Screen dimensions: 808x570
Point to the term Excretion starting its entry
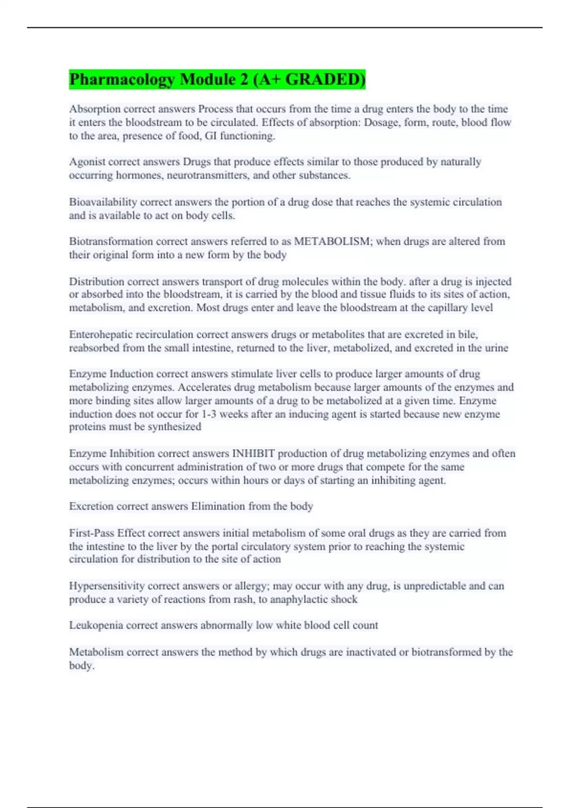91,506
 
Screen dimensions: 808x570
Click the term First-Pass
92,533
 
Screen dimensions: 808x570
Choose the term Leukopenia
96,625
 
